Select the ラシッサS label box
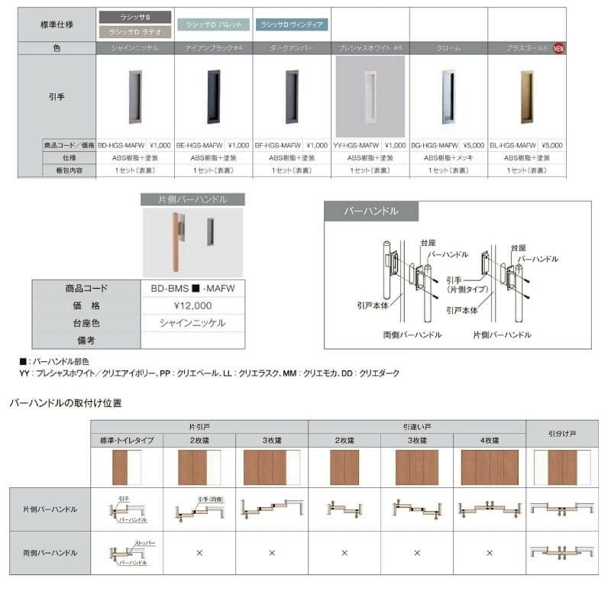click(135, 16)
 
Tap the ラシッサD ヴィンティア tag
click(292, 24)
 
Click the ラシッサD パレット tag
click(213, 24)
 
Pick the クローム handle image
click(448, 96)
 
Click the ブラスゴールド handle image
click(526, 96)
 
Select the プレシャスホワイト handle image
click(370, 96)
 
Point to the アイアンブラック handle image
click(213, 96)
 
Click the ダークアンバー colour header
click(292, 47)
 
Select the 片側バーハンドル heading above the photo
click(192, 199)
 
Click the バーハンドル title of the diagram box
click(370, 211)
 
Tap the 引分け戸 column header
click(562, 433)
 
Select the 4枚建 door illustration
click(490, 467)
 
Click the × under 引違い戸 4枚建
click(490, 552)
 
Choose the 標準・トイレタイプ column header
click(127, 441)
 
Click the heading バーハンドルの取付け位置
click(65, 402)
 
